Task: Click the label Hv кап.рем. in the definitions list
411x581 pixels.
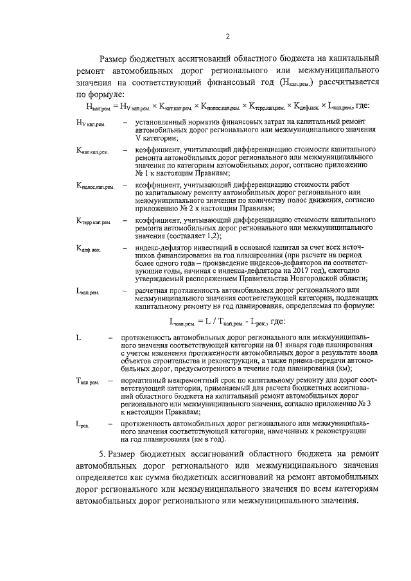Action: click(91, 123)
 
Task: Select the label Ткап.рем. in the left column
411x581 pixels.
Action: click(86, 381)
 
